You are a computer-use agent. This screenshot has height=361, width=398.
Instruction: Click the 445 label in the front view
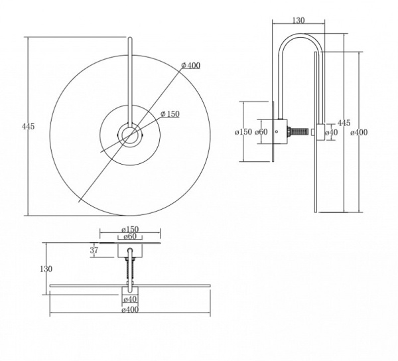(x=28, y=127)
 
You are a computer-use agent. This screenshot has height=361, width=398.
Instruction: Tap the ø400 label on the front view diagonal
(x=191, y=66)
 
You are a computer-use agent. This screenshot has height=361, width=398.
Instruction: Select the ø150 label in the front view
(x=170, y=114)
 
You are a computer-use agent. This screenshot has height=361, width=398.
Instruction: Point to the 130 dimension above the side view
(x=298, y=21)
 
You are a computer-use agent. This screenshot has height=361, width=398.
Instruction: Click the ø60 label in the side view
(x=261, y=132)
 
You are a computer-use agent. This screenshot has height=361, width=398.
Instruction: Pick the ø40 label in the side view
(x=332, y=132)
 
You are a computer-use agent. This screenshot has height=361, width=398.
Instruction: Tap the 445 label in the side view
(x=344, y=123)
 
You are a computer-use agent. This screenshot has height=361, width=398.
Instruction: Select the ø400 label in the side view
(x=359, y=132)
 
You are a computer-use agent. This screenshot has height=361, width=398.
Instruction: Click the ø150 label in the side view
(x=243, y=132)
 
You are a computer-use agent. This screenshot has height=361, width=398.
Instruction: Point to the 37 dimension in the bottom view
(x=94, y=250)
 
